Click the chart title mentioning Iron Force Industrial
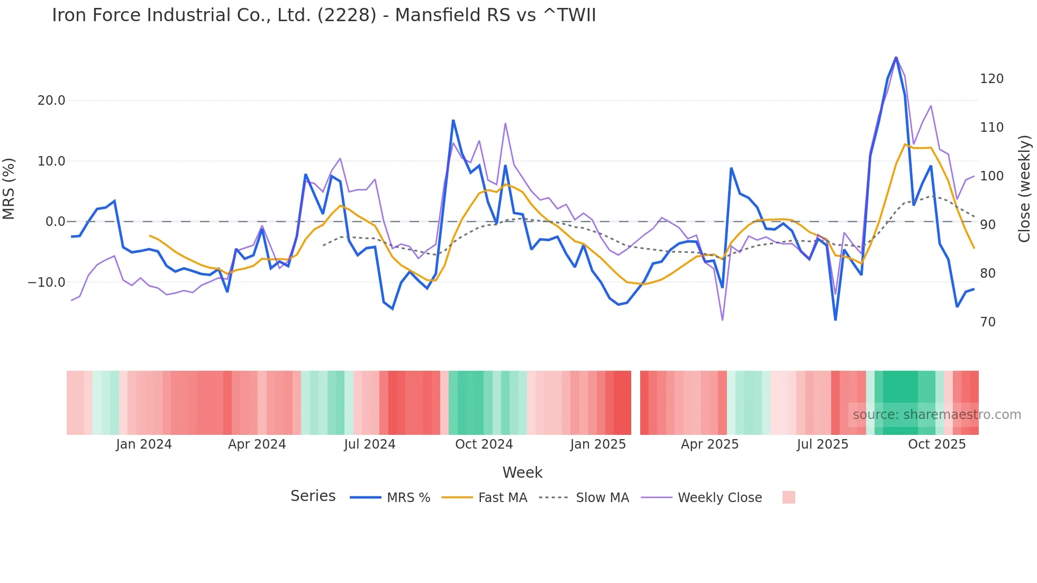(324, 15)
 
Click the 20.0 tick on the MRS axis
(51, 101)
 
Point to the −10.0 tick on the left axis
(47, 283)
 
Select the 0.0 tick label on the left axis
(55, 222)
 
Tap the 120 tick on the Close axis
(991, 79)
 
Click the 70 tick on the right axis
(988, 322)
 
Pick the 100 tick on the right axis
(991, 176)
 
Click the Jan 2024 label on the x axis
(144, 444)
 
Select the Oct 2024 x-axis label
(484, 444)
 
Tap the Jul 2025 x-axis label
(822, 444)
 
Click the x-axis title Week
(522, 472)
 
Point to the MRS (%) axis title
(9, 189)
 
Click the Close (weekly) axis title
(1025, 189)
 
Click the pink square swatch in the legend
(788, 497)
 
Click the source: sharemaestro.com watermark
(936, 415)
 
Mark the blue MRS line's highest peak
(896, 57)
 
